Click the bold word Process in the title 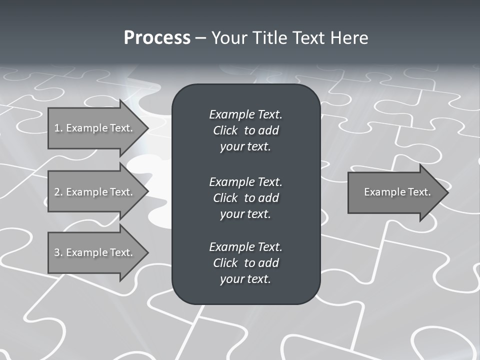157,38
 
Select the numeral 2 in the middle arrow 57,192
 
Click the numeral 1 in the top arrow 57,128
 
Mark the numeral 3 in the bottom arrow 57,252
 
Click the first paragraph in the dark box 245,130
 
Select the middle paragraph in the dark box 245,198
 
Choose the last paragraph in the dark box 245,263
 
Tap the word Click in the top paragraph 225,130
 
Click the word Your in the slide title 228,38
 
